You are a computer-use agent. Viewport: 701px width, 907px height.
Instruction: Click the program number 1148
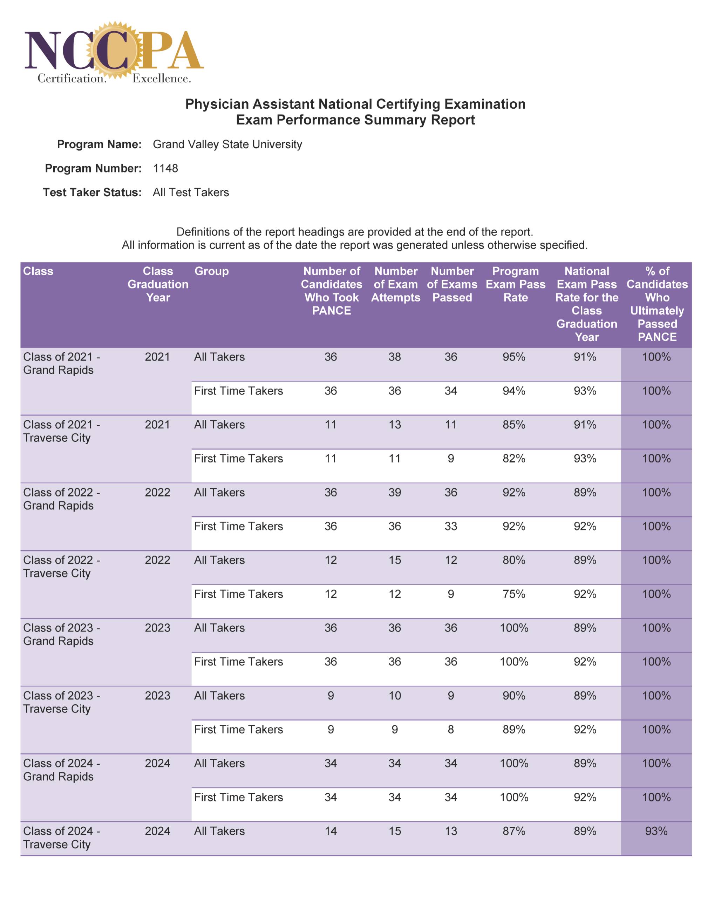click(165, 168)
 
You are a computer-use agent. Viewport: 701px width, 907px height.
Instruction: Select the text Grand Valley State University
click(227, 144)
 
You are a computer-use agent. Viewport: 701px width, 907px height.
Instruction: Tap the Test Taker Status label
click(92, 192)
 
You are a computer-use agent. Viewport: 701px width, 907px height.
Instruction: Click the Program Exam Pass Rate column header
click(515, 284)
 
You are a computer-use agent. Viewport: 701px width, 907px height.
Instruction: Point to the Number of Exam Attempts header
click(395, 284)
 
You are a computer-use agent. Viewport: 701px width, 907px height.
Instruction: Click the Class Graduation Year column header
click(158, 284)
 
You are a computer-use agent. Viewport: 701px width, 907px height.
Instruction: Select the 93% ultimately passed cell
click(656, 831)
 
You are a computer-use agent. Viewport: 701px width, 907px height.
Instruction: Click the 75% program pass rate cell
click(514, 594)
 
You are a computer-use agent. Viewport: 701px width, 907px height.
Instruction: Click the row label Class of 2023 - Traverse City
click(61, 702)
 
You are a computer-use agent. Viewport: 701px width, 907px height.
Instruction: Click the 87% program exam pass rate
click(514, 831)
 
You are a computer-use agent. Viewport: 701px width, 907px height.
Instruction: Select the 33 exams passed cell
click(451, 526)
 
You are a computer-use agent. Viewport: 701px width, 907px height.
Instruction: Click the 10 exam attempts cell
click(395, 696)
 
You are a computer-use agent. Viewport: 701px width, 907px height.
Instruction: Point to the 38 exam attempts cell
click(395, 357)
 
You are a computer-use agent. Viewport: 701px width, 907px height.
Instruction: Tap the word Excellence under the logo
click(162, 79)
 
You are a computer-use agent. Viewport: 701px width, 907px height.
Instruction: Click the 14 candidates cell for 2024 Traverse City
click(331, 831)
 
